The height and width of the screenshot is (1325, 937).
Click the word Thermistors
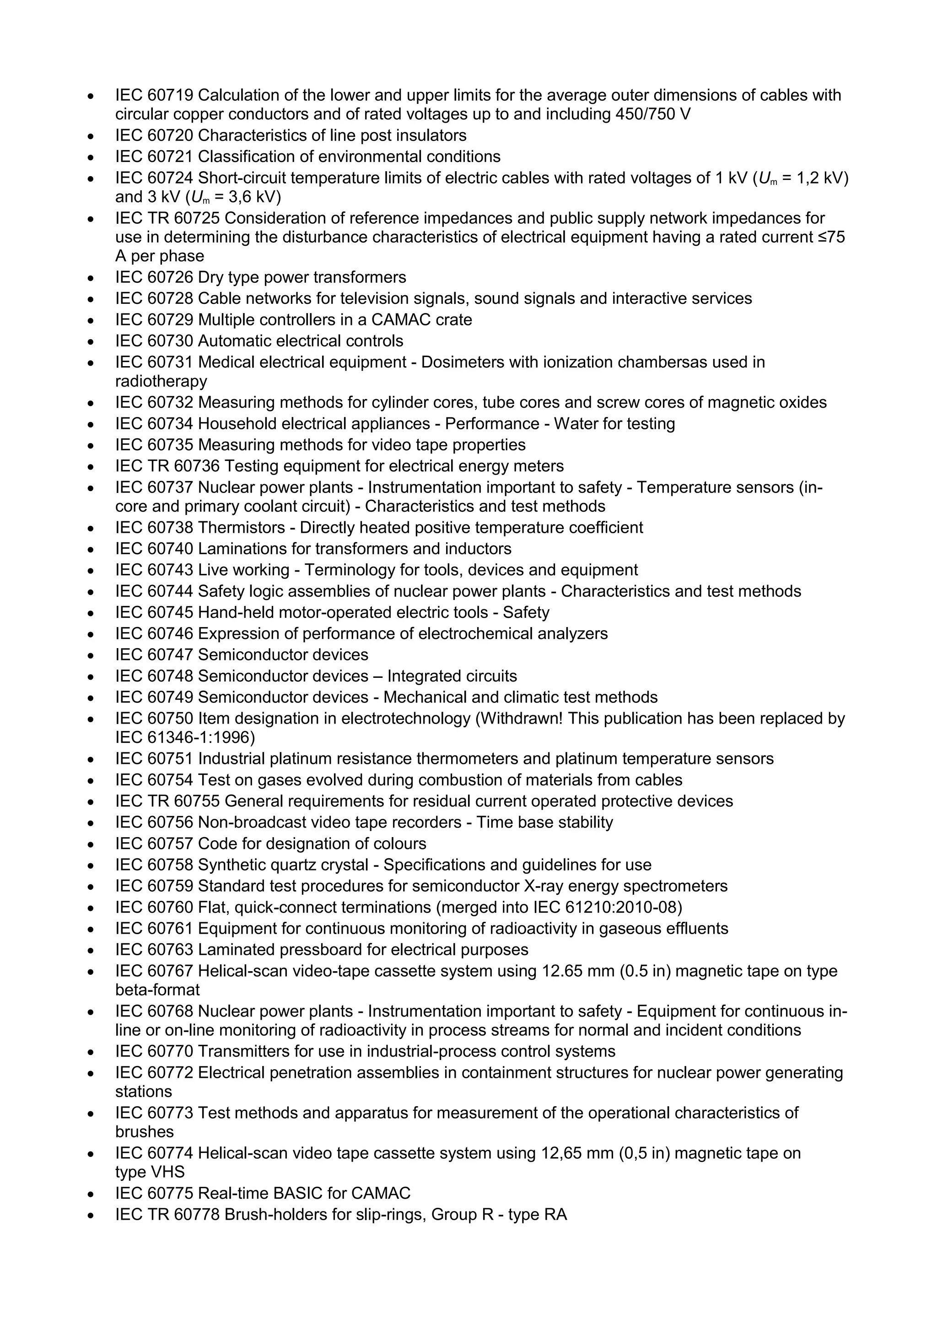pos(241,527)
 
